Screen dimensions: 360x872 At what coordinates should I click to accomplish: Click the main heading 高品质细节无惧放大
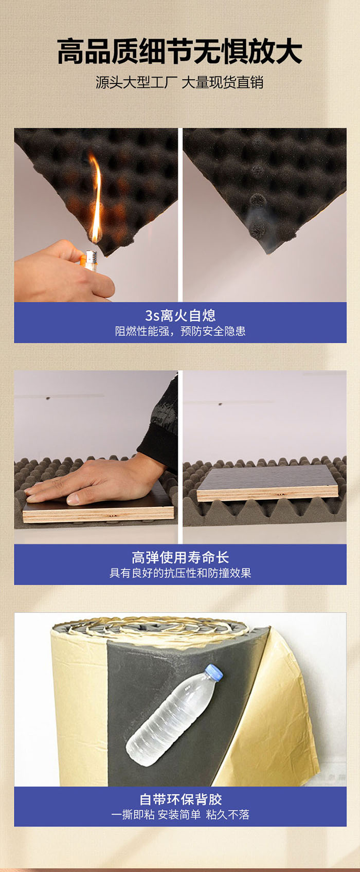180,51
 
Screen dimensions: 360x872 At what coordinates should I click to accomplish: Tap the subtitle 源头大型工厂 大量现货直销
180,83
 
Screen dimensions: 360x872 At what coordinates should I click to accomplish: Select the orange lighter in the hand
89,261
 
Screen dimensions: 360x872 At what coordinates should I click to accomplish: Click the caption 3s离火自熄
180,315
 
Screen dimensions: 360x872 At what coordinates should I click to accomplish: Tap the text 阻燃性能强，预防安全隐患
180,331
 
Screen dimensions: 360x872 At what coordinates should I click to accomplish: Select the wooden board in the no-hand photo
267,483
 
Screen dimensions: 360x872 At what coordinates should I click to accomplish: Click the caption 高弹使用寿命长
180,557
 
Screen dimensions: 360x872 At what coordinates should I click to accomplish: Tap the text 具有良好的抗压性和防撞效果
180,573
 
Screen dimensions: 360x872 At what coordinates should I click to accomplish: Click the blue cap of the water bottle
214,673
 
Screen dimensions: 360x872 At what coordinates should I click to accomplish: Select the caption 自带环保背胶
181,800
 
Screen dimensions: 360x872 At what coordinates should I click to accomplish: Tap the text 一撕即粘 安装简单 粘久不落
180,815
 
